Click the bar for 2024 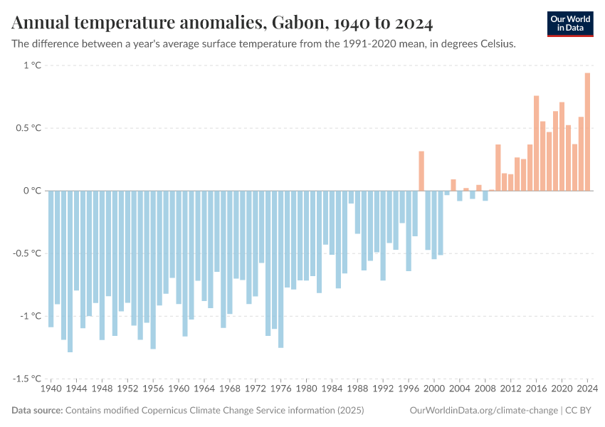pos(587,132)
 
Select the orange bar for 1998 pos(421,171)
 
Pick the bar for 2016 pos(536,143)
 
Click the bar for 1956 pos(153,270)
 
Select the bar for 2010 pos(498,167)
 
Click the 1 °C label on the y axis pos(32,65)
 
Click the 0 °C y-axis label pos(32,191)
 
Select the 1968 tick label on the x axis pos(230,389)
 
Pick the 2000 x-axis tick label pos(434,389)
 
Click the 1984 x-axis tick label pos(332,389)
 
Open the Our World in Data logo pos(570,23)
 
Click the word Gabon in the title pos(295,23)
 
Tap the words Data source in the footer pos(37,411)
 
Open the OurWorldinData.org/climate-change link pos(483,411)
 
